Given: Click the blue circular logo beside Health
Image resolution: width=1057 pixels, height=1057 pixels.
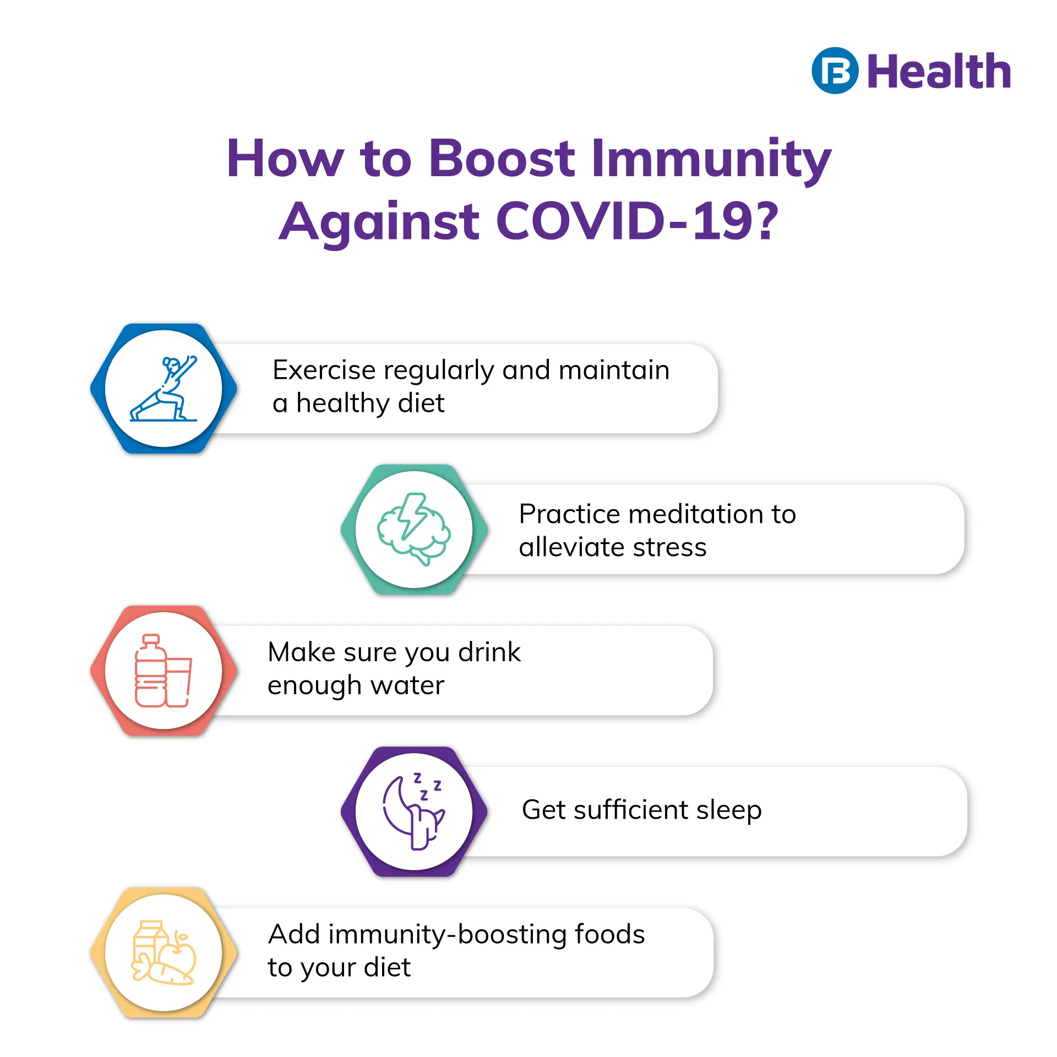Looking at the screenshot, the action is pyautogui.click(x=835, y=70).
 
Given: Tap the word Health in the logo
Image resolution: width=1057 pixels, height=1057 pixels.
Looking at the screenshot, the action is pyautogui.click(x=939, y=71).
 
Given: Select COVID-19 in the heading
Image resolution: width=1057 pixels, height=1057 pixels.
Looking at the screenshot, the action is pyautogui.click(x=638, y=221).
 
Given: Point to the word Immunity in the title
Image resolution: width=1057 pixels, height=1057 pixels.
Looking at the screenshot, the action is pyautogui.click(x=711, y=160).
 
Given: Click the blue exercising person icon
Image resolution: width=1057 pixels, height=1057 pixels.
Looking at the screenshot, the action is pyautogui.click(x=164, y=389).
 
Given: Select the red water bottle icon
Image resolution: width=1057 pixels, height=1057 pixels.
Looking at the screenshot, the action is pyautogui.click(x=164, y=671).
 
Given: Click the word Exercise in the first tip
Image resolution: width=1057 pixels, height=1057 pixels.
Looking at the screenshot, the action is pyautogui.click(x=324, y=370).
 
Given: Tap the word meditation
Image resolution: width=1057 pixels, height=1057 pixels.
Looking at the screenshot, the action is pyautogui.click(x=696, y=514).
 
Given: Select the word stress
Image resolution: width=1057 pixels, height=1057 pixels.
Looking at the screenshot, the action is pyautogui.click(x=669, y=548).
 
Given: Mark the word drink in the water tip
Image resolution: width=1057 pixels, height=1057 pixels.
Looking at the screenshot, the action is pyautogui.click(x=489, y=652).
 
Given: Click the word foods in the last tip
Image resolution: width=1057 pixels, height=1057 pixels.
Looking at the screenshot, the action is pyautogui.click(x=610, y=934).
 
